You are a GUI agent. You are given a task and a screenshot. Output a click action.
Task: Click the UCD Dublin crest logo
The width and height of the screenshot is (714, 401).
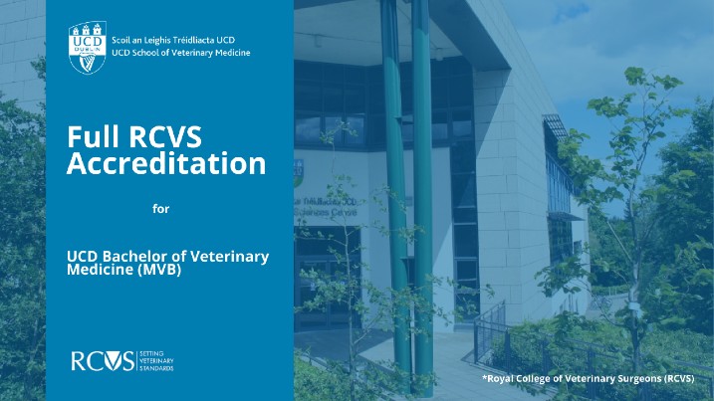88,48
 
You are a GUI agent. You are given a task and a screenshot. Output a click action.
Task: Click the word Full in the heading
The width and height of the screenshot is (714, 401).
93,136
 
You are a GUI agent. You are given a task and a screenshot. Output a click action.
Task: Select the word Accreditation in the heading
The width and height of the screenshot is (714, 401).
166,163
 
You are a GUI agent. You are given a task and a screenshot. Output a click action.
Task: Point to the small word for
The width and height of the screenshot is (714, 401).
160,209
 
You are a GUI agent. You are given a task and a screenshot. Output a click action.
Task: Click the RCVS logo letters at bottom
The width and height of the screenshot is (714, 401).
103,361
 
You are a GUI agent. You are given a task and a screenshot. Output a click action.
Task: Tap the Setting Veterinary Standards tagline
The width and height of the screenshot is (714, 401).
156,361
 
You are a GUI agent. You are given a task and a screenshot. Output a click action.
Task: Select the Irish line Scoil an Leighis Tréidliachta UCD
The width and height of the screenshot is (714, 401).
173,40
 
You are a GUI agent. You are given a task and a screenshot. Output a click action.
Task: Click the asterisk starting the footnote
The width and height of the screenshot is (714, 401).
485,377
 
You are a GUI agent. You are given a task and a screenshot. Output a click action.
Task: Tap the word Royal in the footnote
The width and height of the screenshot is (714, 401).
499,379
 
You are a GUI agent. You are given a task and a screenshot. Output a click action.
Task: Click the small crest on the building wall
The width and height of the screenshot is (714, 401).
299,172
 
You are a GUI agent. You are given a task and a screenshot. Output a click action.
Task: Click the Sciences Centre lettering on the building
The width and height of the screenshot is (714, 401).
325,213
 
